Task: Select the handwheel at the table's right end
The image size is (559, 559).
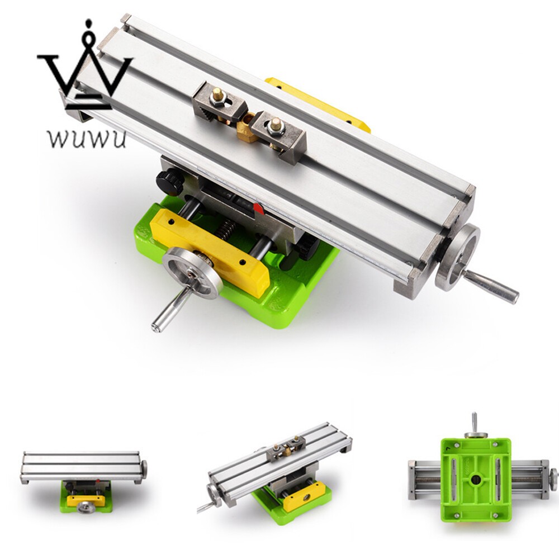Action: (457, 257)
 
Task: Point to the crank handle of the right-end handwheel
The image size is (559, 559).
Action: (492, 286)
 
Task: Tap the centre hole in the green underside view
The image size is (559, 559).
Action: (475, 479)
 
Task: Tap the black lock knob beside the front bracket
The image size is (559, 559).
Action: (305, 246)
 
